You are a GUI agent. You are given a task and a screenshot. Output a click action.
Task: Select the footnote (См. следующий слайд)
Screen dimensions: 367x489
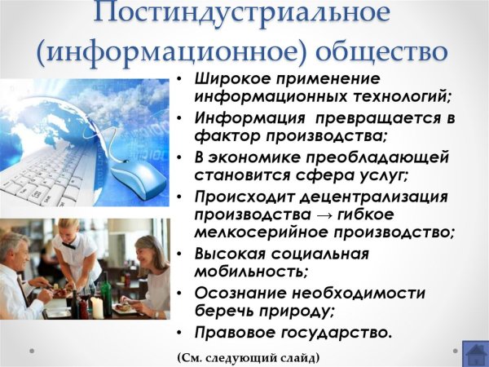pos(248,356)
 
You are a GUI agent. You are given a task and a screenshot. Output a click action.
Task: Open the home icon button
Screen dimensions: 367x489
pos(474,352)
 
